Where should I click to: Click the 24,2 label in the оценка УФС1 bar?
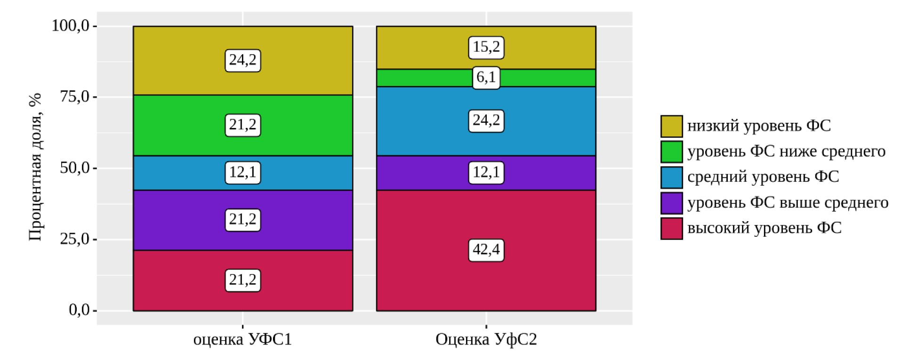tap(242, 60)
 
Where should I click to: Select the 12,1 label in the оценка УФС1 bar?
tap(242, 173)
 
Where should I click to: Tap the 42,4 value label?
tap(486, 250)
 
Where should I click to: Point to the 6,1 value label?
tap(486, 77)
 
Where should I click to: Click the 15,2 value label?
tap(486, 48)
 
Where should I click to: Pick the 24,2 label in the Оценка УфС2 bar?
tap(486, 120)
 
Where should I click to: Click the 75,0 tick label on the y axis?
tap(74, 97)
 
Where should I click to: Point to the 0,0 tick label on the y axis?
tap(79, 310)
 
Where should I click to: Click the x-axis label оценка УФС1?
tap(242, 339)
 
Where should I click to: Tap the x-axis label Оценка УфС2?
tap(486, 339)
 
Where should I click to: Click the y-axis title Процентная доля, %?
tap(35, 167)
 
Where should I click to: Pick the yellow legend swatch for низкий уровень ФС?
tap(671, 126)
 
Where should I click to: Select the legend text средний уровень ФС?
tap(763, 177)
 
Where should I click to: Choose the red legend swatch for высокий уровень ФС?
tap(671, 228)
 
